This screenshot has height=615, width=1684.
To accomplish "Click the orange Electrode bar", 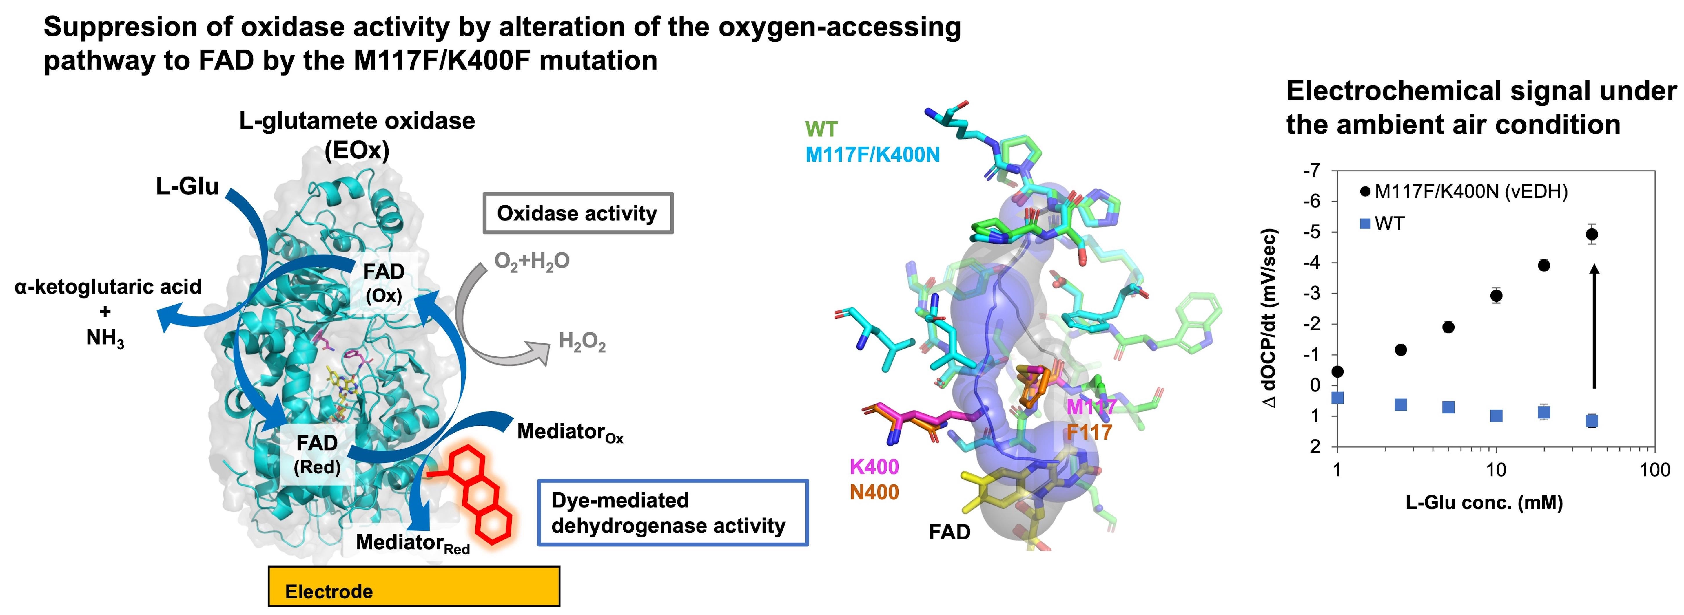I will click(414, 586).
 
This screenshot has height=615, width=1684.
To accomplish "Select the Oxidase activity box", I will click(577, 213).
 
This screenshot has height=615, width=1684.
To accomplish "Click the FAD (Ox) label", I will click(384, 283).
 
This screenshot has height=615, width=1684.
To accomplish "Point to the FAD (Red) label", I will click(317, 455).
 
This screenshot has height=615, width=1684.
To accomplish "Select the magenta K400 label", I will click(874, 467).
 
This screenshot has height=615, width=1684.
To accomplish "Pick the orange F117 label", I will click(1089, 432).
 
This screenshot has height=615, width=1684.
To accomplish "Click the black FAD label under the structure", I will click(949, 532).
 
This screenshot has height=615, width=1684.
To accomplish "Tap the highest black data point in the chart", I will click(1592, 234).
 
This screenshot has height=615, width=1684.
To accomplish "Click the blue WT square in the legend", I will click(1365, 224).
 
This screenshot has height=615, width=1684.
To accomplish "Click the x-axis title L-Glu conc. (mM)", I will click(1484, 503).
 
